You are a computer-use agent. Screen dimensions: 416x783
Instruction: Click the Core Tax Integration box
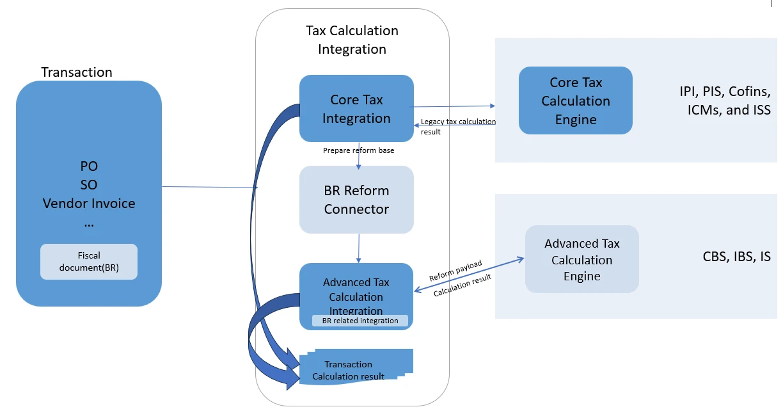tap(356, 108)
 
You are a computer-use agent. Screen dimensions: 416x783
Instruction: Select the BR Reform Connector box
tap(356, 199)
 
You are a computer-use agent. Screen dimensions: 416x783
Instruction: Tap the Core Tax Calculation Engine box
tap(575, 100)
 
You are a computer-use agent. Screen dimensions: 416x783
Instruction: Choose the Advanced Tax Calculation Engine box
tap(581, 259)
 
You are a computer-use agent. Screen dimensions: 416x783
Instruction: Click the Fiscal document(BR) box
tap(89, 261)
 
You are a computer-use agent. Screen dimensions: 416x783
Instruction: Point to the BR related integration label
tap(360, 321)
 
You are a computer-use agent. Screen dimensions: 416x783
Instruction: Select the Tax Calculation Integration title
tap(352, 40)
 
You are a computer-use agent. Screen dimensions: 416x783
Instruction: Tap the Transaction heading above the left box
tap(77, 72)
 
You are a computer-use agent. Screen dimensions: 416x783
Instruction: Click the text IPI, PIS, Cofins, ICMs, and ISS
tap(725, 100)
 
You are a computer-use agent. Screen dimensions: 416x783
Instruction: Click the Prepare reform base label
tap(358, 150)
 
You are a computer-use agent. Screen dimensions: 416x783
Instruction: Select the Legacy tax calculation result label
tap(458, 126)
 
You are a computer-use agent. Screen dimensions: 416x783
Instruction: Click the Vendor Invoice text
tap(89, 204)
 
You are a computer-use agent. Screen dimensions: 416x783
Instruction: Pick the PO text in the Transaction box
tap(89, 166)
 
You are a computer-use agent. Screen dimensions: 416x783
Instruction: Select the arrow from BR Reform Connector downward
tap(358, 248)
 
